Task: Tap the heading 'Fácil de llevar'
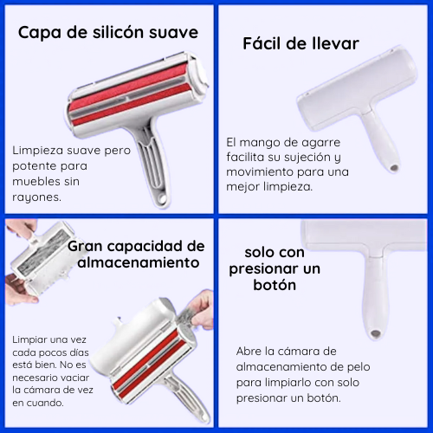pos(301,42)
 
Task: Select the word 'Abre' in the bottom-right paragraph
pos(252,352)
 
